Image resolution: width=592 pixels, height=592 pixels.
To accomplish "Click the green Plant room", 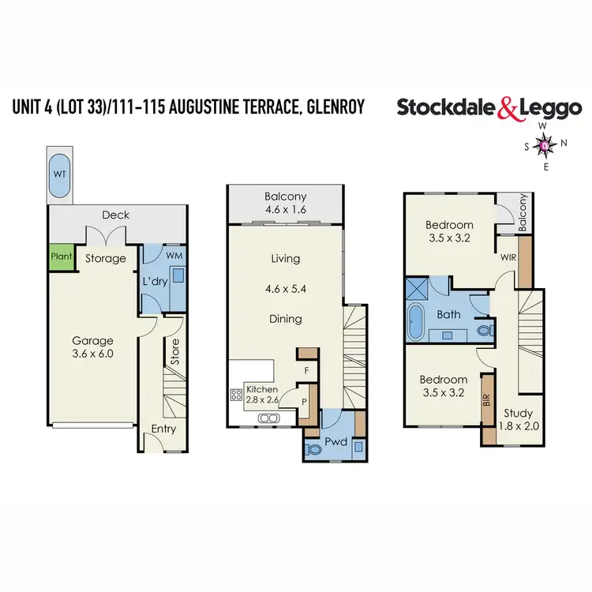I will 61,257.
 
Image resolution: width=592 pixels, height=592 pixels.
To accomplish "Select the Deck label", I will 116,215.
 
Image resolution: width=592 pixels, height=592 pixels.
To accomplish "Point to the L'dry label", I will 152,281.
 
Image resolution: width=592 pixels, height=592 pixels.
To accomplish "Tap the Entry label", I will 163,429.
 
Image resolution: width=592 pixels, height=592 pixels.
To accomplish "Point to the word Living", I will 285,259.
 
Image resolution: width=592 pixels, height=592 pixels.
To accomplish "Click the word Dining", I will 285,319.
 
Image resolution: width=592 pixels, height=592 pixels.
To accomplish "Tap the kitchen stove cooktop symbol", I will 234,395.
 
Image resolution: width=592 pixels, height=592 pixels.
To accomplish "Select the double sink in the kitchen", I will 269,418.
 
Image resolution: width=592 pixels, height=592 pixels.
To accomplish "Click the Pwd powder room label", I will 336,442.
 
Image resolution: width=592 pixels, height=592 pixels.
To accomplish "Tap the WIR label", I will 508,257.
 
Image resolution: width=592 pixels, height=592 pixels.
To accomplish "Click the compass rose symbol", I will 545,145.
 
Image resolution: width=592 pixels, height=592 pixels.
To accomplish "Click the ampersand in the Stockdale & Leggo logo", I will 507,109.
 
